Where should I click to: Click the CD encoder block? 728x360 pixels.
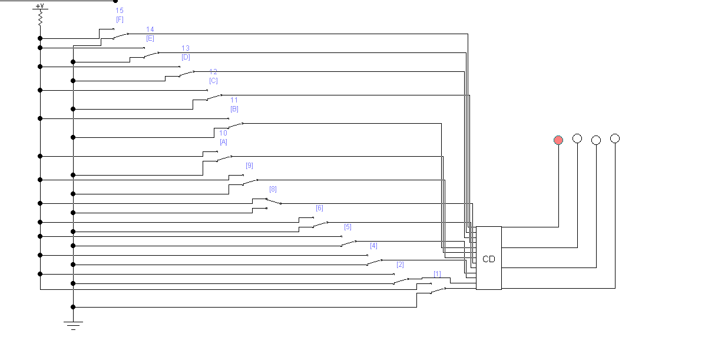[488, 258]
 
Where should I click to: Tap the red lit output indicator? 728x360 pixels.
[558, 140]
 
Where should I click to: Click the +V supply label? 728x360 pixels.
[40, 6]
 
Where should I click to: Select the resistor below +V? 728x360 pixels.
[40, 19]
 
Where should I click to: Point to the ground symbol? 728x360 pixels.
[73, 324]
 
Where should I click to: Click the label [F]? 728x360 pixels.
[120, 19]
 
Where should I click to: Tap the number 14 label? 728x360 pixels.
[150, 29]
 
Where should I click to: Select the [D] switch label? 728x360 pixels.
[186, 57]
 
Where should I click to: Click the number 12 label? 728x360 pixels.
[213, 72]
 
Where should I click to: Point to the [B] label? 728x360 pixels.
[234, 109]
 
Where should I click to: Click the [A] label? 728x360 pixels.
[223, 142]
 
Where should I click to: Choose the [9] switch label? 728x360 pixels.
[249, 166]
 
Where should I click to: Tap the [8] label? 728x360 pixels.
[273, 189]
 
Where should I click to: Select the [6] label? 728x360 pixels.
[319, 208]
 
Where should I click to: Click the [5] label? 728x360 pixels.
[348, 227]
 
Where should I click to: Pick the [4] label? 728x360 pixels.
[373, 246]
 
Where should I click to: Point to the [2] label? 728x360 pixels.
[400, 265]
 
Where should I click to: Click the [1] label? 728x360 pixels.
[437, 274]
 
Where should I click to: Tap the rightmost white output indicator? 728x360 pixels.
[615, 138]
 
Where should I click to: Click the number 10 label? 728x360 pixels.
[223, 133]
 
